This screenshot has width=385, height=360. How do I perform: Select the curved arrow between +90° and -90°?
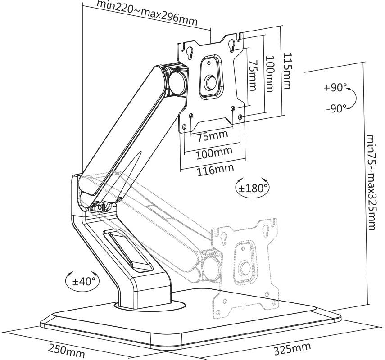tap(352, 98)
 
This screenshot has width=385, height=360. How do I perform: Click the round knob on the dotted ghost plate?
tap(245, 267)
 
